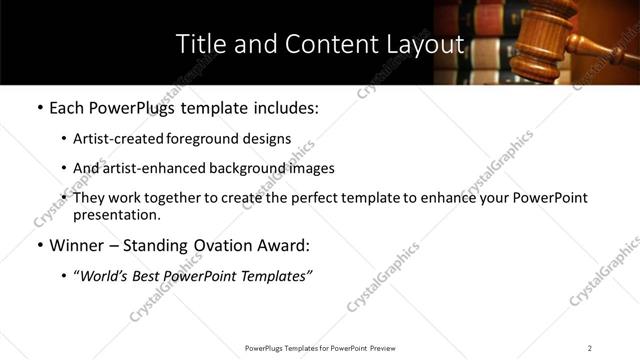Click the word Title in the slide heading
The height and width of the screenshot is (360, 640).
coord(200,44)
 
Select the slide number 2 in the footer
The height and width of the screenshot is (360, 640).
coord(590,347)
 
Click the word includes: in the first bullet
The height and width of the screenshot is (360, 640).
coord(284,107)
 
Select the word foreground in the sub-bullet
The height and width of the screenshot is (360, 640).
coord(209,139)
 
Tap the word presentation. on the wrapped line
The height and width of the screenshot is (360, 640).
coord(117,215)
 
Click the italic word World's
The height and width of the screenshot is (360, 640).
coord(106,276)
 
